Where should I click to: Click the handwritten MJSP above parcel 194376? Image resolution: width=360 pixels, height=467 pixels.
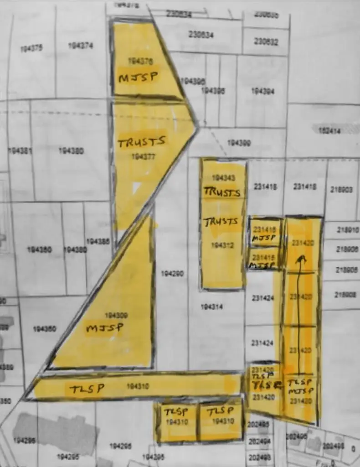[139, 77]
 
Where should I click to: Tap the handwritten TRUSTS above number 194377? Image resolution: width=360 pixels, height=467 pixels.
[142, 142]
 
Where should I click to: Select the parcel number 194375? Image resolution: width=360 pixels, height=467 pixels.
[31, 48]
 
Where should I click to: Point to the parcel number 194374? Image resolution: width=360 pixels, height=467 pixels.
[81, 46]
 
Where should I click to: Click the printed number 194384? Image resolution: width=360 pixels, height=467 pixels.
[262, 91]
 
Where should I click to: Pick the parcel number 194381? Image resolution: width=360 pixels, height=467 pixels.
[20, 150]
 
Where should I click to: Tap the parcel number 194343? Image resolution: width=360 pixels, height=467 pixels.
[223, 177]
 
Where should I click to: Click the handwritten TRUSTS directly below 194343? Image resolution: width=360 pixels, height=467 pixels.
[222, 192]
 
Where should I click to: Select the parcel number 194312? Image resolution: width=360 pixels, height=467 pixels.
[223, 245]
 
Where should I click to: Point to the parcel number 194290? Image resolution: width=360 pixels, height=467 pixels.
[172, 274]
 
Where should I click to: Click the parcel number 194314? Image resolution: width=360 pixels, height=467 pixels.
[212, 307]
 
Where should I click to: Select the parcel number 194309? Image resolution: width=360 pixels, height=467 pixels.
[116, 315]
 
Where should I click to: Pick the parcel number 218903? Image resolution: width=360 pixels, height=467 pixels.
[341, 189]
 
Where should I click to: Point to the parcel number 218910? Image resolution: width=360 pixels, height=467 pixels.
[347, 230]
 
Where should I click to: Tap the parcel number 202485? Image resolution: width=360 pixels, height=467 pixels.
[257, 424]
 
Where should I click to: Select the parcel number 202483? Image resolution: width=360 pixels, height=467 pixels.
[257, 457]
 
